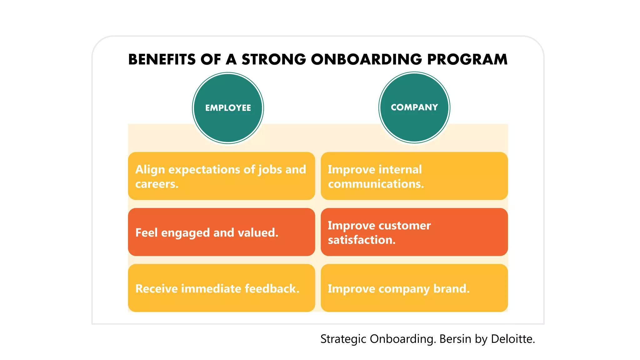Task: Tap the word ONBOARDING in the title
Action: tap(366, 59)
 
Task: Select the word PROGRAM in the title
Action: tap(467, 59)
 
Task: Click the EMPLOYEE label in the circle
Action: tap(228, 108)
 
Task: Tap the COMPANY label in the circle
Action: tap(414, 107)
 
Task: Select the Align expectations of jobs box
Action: tap(221, 176)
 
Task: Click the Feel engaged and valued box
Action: tap(221, 232)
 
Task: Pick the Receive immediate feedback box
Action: tap(221, 288)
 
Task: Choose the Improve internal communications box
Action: tap(414, 176)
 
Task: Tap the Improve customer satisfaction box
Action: tap(414, 232)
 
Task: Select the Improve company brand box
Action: tap(414, 288)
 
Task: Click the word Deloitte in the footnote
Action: tap(512, 339)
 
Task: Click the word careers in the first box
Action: tap(157, 184)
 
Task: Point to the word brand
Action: tap(451, 288)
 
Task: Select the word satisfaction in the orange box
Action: tap(362, 240)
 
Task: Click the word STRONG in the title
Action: tap(274, 59)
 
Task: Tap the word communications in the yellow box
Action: tap(376, 184)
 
